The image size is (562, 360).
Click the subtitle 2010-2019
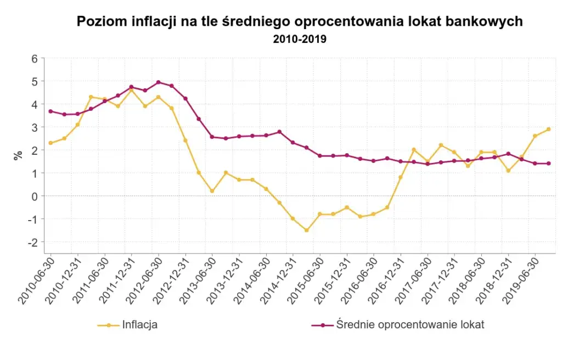pyautogui.click(x=300, y=40)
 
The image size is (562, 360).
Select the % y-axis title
pyautogui.click(x=19, y=155)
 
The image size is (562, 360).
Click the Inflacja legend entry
pyautogui.click(x=128, y=325)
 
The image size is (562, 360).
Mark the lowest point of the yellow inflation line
pyautogui.click(x=306, y=230)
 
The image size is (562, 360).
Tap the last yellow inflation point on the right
pyautogui.click(x=548, y=129)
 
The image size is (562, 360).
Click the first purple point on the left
pyautogui.click(x=50, y=111)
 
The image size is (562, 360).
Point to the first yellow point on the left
pyautogui.click(x=50, y=143)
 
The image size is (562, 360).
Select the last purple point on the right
pyautogui.click(x=548, y=163)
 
